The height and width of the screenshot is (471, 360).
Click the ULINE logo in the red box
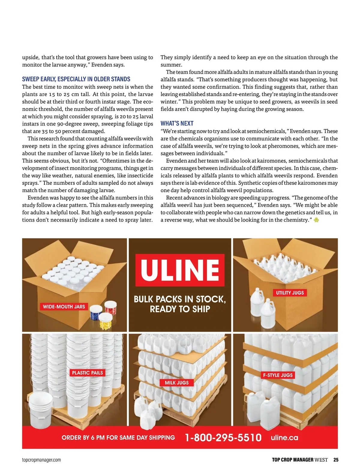click(180, 270)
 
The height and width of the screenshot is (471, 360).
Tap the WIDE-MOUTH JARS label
click(64, 306)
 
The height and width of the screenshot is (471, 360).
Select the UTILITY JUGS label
click(290, 293)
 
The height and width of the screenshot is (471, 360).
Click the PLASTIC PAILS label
click(87, 373)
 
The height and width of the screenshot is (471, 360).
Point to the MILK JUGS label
click(177, 382)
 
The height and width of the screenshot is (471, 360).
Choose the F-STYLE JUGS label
click(278, 375)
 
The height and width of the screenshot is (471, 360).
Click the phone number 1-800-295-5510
click(223, 437)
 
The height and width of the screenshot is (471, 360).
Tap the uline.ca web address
click(284, 437)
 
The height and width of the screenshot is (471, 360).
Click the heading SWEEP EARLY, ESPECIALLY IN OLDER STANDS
click(76, 79)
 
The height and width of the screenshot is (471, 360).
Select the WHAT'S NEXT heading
click(177, 123)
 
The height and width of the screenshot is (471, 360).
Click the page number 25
click(336, 460)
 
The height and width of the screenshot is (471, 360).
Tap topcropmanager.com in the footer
click(41, 460)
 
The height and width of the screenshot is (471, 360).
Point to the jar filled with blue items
click(96, 312)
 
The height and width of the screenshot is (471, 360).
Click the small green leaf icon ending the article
click(316, 220)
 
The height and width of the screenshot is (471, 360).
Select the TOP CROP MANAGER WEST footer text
click(300, 460)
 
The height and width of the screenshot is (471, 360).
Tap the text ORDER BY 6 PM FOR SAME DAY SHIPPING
click(118, 437)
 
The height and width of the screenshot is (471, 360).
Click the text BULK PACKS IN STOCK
click(180, 299)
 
